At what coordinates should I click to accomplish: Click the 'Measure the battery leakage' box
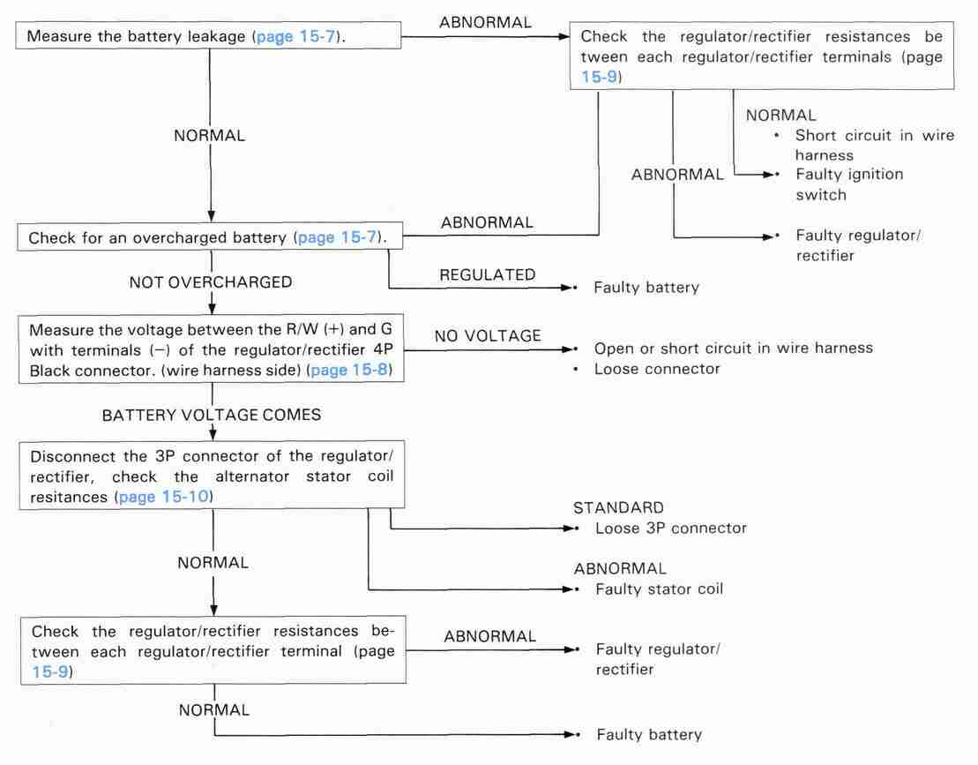coord(208,35)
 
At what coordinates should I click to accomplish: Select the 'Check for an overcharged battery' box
coord(210,237)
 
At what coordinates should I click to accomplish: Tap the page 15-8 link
coord(349,370)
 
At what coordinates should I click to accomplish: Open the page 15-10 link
coord(163,497)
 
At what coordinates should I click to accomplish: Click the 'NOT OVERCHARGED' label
coord(211,282)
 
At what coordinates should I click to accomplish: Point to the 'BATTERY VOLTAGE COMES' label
coord(212,415)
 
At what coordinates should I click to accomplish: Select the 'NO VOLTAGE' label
coord(488,335)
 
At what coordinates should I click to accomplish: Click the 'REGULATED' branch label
coord(487,274)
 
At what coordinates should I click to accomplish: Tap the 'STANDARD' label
coord(619,507)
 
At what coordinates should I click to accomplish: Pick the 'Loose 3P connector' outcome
coord(671,529)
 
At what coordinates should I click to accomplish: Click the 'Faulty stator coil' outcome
coord(660,589)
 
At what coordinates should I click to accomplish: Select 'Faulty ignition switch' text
coord(849,184)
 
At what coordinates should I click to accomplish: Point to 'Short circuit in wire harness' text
coord(875,145)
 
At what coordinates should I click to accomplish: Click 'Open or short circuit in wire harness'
coord(734,349)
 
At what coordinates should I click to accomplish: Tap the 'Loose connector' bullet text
coord(657,369)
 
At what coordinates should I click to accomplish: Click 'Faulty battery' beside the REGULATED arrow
coord(646,288)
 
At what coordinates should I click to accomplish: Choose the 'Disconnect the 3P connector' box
coord(212,476)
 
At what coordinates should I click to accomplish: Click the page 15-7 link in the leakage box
coord(295,36)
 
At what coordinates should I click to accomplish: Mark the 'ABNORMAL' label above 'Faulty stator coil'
coord(620,568)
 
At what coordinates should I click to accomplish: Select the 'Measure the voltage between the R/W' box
coord(211,349)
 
